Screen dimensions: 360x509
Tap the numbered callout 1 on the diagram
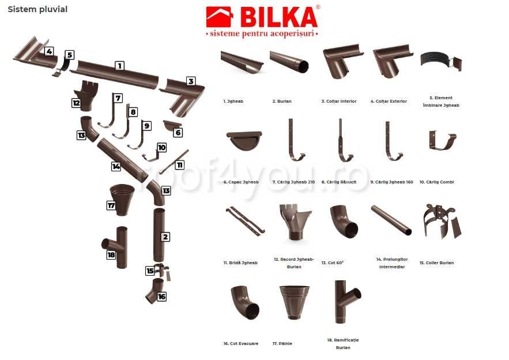click(119, 66)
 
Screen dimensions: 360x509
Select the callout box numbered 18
click(111, 254)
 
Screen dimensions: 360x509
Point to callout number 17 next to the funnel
click(111, 205)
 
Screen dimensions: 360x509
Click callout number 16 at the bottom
click(161, 296)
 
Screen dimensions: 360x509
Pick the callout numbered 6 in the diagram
click(178, 133)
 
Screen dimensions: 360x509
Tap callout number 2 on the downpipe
click(165, 237)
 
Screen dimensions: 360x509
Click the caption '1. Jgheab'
click(233, 101)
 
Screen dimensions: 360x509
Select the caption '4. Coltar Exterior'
click(389, 101)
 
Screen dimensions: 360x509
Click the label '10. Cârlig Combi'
click(436, 182)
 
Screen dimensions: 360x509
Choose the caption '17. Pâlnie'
click(282, 343)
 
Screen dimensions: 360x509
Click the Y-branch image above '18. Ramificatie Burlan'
click(346, 303)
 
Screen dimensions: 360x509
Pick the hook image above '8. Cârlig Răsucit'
click(345, 141)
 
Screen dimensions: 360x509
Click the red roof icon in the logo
click(219, 17)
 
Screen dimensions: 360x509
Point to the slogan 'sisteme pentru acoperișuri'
click(262, 34)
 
